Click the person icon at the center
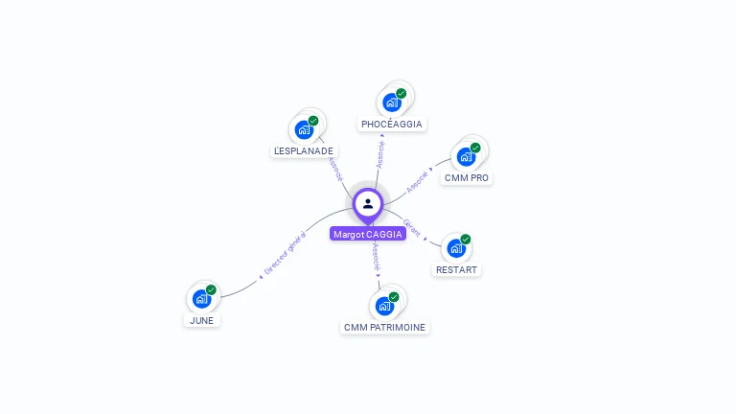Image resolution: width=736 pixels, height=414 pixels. coord(368,203)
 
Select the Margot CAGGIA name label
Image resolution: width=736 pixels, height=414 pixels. coord(368,234)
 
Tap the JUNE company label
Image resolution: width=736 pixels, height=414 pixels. coord(202,321)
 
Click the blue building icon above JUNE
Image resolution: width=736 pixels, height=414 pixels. coord(201,298)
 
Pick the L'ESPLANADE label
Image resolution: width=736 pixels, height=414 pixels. coord(304,150)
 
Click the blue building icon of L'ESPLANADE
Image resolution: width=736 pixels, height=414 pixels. coord(304,128)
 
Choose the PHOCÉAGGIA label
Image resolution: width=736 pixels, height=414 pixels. coord(392,124)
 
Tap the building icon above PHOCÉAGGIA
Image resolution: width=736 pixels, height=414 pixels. coord(391,102)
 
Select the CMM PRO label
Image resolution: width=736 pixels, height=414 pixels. coord(467,178)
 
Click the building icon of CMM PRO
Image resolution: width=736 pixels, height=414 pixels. coord(466,156)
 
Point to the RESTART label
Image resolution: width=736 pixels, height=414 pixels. coord(456,270)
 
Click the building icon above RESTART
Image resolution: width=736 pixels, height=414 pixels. coord(456,247)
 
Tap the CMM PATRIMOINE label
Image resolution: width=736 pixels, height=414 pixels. coord(384,328)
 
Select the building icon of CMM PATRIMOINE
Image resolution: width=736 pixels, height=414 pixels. coord(384,306)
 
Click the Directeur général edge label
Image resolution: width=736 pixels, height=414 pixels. coord(284,255)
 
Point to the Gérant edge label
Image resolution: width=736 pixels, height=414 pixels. coord(412,227)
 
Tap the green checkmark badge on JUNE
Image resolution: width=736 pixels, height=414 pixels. coord(211,289)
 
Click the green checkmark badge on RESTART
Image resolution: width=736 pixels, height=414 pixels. coord(466,239)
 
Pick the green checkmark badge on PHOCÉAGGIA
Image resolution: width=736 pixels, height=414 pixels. coord(401,93)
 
